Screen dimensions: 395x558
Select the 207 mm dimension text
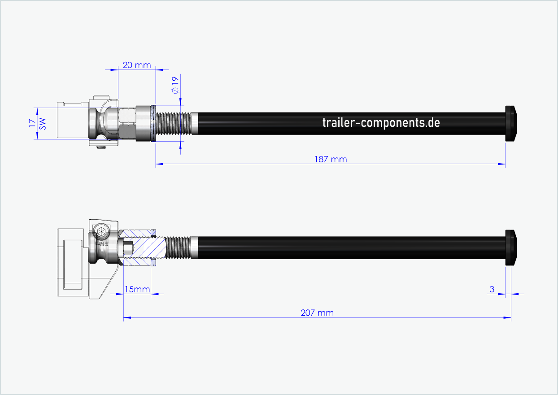[317, 313]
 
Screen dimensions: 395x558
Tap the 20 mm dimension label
[136, 65]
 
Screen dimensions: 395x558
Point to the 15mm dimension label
[137, 289]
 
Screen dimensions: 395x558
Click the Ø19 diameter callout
[175, 85]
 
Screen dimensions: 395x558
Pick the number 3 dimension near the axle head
[492, 289]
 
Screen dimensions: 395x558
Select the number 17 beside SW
[32, 124]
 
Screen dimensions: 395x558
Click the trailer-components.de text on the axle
[381, 122]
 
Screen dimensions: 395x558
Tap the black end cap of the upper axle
[510, 124]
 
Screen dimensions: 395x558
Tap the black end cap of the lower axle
[510, 247]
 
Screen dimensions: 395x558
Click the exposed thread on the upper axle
[173, 123]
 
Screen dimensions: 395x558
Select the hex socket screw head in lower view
[101, 232]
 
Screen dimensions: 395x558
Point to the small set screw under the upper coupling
[101, 146]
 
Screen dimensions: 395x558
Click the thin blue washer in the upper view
[153, 124]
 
